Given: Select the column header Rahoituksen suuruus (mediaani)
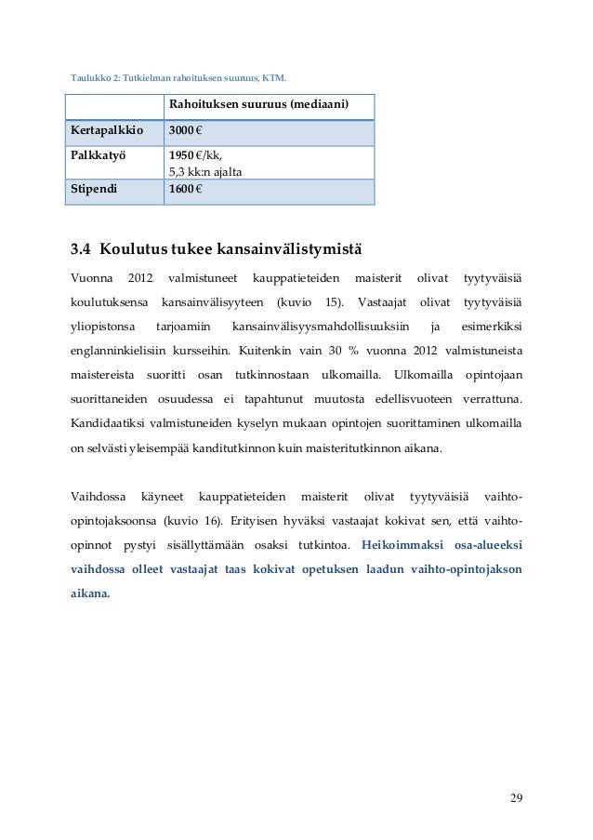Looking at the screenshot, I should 258,106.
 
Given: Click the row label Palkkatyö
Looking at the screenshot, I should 99,154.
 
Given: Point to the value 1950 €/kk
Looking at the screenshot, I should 195,154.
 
